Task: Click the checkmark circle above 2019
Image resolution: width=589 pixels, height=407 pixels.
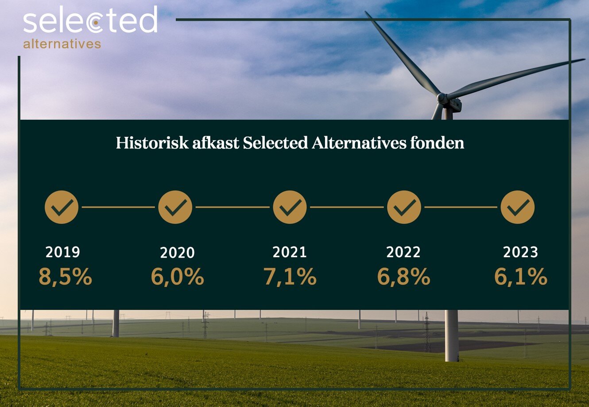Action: tap(62, 207)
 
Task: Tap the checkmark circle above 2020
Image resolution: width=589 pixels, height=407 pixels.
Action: tap(175, 207)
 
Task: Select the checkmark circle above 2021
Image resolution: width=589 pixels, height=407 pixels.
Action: tap(290, 207)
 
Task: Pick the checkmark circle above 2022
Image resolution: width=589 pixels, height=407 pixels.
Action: tap(404, 207)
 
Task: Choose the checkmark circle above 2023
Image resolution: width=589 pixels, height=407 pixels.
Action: tap(518, 207)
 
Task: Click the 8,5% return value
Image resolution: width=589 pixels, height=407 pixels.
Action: tap(65, 277)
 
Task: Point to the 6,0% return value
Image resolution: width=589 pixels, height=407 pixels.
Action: tap(177, 277)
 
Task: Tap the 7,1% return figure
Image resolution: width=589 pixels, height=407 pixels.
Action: tap(290, 277)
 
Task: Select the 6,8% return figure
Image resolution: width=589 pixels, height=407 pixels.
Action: tap(403, 277)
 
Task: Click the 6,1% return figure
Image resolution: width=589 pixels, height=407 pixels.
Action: tap(521, 277)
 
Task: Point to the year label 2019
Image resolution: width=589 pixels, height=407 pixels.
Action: tap(63, 252)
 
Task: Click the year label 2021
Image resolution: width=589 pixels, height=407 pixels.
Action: tap(290, 252)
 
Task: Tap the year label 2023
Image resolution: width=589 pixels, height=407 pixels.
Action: tap(521, 252)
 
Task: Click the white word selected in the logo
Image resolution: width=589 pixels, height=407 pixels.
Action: tap(90, 21)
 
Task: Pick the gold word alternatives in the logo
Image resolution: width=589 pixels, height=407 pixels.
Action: tap(62, 44)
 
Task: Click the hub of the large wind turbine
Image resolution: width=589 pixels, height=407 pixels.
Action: tap(442, 98)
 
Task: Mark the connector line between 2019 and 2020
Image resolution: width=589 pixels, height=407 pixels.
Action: tap(118, 207)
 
